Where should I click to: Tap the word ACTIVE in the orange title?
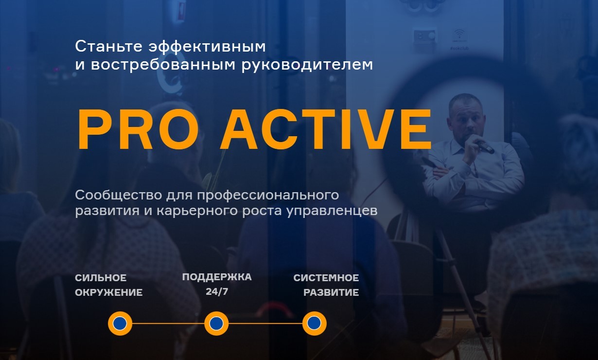(325, 129)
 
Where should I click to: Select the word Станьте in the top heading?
(108, 46)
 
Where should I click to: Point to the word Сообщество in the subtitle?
(119, 195)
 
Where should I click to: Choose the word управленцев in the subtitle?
(332, 211)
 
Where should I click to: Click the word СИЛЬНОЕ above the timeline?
(101, 278)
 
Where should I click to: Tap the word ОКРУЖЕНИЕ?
(108, 293)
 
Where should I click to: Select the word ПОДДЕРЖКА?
(217, 277)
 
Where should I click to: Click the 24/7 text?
(217, 291)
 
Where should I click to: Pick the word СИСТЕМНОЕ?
(326, 278)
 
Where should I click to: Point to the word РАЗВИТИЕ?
(331, 293)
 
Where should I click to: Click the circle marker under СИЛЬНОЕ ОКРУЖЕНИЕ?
(120, 324)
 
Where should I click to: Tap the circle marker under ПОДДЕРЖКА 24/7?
(216, 324)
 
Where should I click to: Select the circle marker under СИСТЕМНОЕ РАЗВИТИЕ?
(315, 324)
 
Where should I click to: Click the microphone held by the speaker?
(485, 147)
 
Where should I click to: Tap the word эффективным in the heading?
(207, 47)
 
